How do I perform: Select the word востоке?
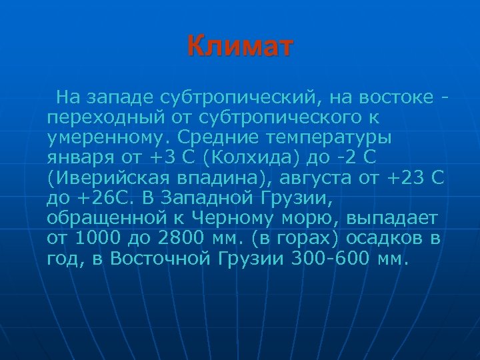(399, 99)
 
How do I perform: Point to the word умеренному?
(107, 137)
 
